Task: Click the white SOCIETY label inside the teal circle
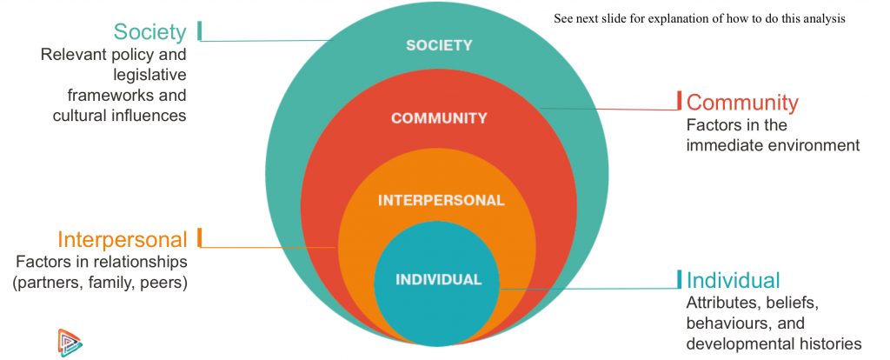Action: (439, 45)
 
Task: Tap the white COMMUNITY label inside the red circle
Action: (439, 118)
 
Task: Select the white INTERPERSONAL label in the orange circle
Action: (441, 200)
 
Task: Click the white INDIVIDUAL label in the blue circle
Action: (438, 280)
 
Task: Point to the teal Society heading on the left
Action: (149, 32)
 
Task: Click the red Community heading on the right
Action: (742, 103)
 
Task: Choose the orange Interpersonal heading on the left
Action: (123, 239)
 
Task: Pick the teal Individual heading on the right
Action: (734, 280)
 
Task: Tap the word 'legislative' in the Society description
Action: (148, 75)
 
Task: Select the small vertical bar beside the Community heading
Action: (680, 101)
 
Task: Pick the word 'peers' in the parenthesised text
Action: (165, 282)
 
